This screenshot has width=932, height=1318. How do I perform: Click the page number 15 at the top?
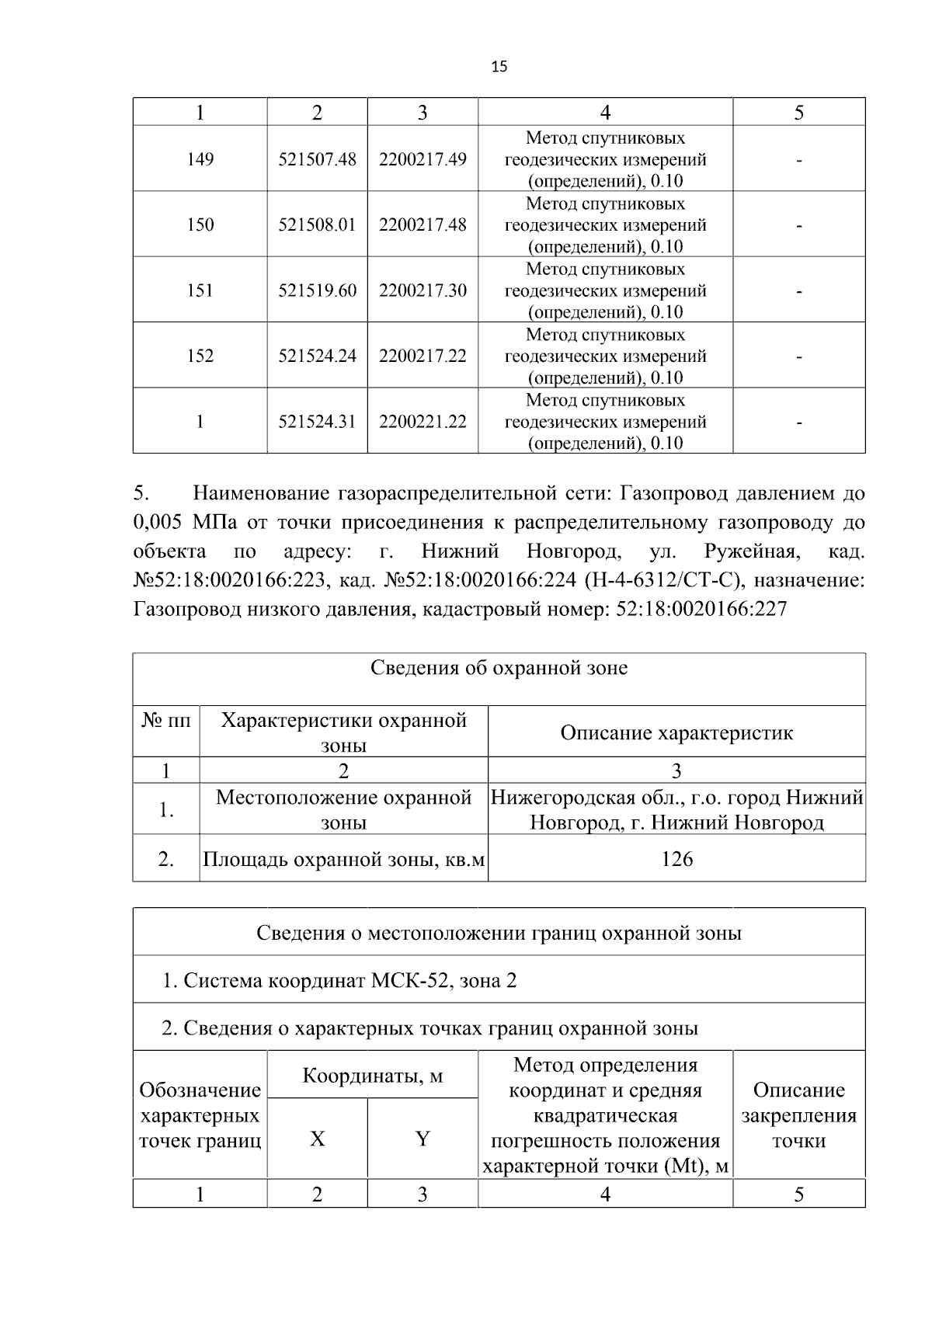pyautogui.click(x=499, y=67)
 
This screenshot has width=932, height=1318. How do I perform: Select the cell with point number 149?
pyautogui.click(x=200, y=159)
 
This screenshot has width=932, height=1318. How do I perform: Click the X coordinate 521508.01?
pyautogui.click(x=317, y=225)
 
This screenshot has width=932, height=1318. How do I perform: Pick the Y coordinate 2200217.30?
pyautogui.click(x=423, y=290)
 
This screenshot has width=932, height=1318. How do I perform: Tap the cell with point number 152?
pyautogui.click(x=200, y=356)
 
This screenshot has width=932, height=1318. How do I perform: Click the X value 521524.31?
pyautogui.click(x=317, y=422)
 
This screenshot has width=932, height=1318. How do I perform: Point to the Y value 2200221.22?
pyautogui.click(x=423, y=422)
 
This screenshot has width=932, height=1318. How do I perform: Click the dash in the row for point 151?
pyautogui.click(x=798, y=292)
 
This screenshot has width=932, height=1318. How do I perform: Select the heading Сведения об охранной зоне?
pyautogui.click(x=499, y=668)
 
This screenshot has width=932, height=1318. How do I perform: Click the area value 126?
pyautogui.click(x=676, y=859)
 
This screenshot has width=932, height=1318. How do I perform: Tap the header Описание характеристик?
pyautogui.click(x=676, y=732)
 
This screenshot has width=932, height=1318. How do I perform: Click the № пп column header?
pyautogui.click(x=166, y=720)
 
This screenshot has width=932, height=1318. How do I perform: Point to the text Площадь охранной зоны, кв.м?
pyautogui.click(x=344, y=860)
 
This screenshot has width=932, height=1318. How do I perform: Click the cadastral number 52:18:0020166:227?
pyautogui.click(x=701, y=609)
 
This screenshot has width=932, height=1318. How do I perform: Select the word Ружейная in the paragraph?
pyautogui.click(x=750, y=551)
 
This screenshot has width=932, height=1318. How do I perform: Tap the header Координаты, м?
pyautogui.click(x=372, y=1076)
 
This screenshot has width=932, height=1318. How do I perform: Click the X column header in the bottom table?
pyautogui.click(x=317, y=1139)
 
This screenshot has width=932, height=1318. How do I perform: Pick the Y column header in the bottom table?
pyautogui.click(x=423, y=1139)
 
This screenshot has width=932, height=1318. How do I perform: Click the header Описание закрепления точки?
pyautogui.click(x=798, y=1115)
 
